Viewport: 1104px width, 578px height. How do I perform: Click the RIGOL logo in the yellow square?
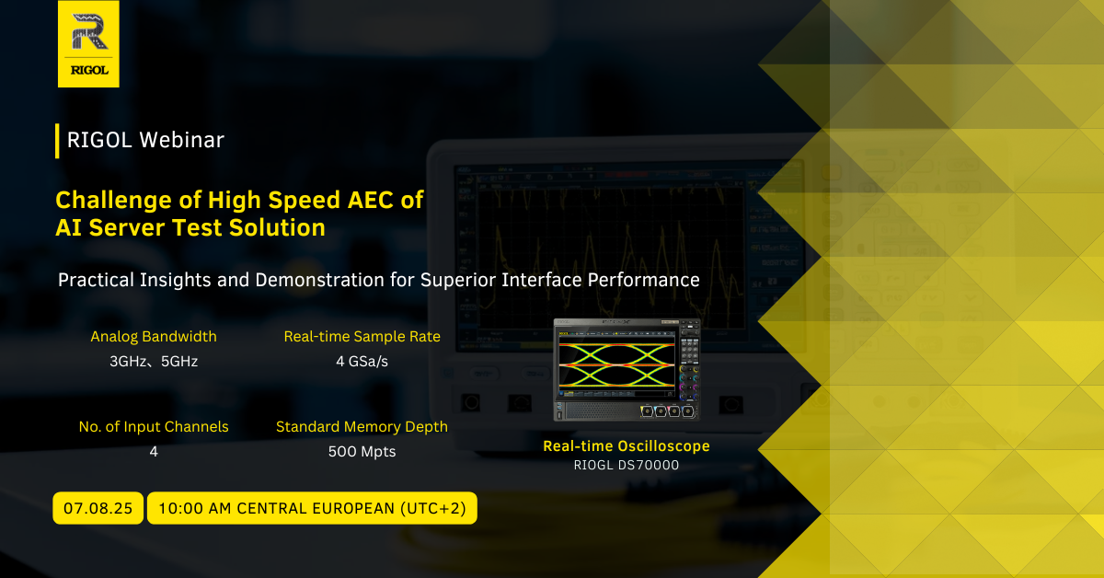click(x=88, y=44)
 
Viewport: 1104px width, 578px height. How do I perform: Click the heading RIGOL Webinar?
click(x=145, y=140)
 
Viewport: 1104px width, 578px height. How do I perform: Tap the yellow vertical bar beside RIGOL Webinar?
click(x=57, y=141)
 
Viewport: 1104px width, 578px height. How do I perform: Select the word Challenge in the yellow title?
click(x=114, y=202)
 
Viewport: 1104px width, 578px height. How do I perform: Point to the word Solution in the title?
click(x=277, y=228)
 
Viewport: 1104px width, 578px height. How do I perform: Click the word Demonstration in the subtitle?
click(x=319, y=280)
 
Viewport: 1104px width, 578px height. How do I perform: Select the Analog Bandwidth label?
click(x=154, y=336)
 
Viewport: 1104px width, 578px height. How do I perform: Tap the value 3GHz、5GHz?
click(x=154, y=362)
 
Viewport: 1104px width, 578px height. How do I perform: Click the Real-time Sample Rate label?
click(x=362, y=336)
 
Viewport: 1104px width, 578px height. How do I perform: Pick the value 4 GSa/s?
click(x=362, y=362)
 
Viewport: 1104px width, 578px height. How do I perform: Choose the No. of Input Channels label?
click(x=154, y=426)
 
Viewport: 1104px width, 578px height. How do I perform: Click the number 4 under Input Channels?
click(x=154, y=452)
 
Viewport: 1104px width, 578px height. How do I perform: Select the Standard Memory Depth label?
click(x=362, y=426)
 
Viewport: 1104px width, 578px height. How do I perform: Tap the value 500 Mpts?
click(x=362, y=452)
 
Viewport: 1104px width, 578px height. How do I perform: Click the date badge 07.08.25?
click(x=98, y=508)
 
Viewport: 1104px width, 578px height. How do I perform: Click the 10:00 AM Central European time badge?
click(x=312, y=508)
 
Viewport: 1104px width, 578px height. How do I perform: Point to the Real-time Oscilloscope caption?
click(x=627, y=445)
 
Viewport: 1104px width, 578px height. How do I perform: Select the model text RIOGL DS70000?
click(x=627, y=465)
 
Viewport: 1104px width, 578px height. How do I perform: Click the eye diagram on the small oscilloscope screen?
click(x=616, y=365)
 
